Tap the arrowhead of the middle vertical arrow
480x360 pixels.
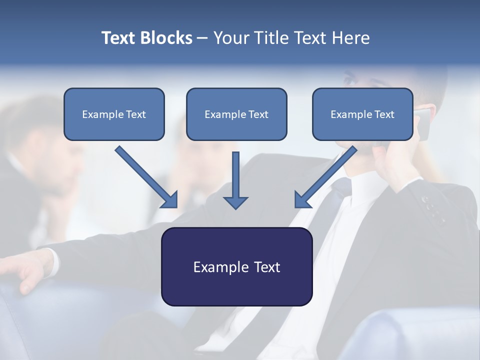click(x=236, y=202)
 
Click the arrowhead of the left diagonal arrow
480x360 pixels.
click(x=170, y=200)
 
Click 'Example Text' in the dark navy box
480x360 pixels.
click(x=236, y=267)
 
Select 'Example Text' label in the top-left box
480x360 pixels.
click(x=114, y=114)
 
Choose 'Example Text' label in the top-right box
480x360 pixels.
click(x=362, y=114)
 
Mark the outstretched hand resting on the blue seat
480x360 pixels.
click(x=30, y=270)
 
